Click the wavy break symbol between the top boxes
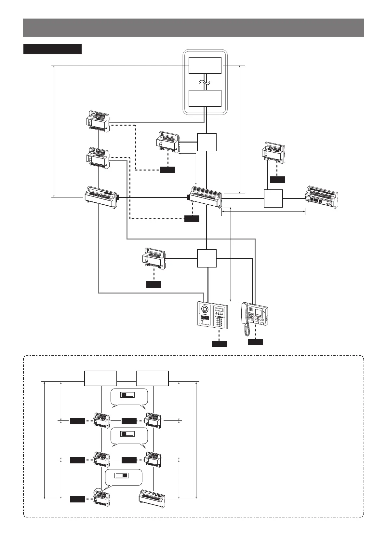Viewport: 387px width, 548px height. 205,82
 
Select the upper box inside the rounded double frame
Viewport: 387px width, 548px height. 205,65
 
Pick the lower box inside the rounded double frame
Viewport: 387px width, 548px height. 205,98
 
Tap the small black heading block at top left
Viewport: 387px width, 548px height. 52,49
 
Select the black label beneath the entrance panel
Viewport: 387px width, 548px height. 219,344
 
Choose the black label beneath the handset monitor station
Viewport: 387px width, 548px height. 255,342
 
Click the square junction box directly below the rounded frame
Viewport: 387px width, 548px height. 207,142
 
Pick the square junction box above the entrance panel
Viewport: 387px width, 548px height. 207,258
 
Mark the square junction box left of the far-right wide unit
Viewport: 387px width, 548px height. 273,198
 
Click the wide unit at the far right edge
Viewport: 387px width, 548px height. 321,197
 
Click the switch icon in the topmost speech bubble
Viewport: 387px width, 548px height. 127,395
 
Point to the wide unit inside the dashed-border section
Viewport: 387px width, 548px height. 152,499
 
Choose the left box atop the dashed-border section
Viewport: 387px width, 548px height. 100,378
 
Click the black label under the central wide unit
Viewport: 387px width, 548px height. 192,219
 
